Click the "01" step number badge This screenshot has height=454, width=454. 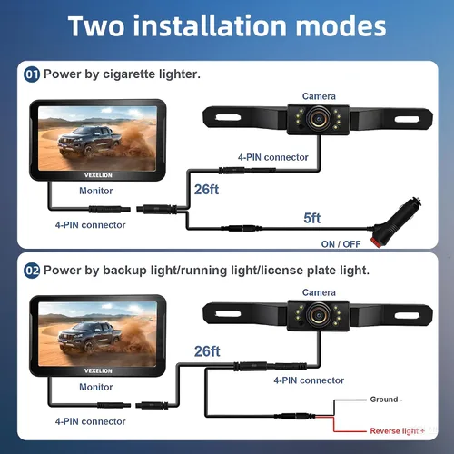pos(32,74)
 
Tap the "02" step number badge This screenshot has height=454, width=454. pos(32,271)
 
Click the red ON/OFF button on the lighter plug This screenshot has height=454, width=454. pos(378,242)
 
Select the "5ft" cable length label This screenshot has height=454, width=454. pos(312,218)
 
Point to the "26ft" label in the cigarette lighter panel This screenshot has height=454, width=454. pos(206,190)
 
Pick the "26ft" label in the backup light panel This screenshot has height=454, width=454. pos(207,351)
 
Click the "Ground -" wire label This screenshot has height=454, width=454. pos(386,400)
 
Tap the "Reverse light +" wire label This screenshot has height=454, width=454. pos(397,430)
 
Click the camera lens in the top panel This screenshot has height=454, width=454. pos(319,119)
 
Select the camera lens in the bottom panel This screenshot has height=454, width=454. pos(319,315)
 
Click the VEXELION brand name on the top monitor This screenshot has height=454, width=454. pos(98,175)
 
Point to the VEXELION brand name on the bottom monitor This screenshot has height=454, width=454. pos(98,371)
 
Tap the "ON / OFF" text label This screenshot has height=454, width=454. pos(340,244)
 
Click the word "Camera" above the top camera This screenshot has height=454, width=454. pos(319,96)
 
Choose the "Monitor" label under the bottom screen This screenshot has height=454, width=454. pos(96,387)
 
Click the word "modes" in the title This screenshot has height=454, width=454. pos(340,26)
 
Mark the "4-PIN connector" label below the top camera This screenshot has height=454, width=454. pos(273,157)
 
